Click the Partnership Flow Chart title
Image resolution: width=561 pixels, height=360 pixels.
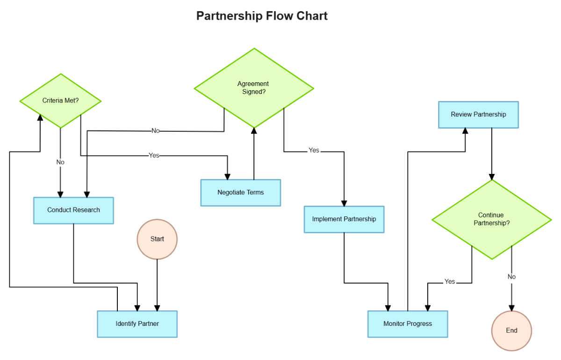tap(262, 16)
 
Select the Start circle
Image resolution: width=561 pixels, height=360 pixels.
tap(157, 239)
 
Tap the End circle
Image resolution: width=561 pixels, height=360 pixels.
tap(511, 331)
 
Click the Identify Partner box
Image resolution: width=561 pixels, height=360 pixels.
tap(137, 324)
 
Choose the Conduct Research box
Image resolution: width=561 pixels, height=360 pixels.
tap(73, 210)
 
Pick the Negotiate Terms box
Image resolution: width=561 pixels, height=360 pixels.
tap(240, 192)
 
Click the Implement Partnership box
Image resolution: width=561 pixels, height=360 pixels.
tap(344, 219)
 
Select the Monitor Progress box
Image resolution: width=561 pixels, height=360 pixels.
tap(407, 324)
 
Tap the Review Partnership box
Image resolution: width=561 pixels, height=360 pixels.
tap(478, 114)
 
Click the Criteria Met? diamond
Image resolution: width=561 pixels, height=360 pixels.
tap(60, 101)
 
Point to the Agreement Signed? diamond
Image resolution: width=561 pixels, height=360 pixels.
tap(254, 88)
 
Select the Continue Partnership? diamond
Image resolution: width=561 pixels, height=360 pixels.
tap(491, 219)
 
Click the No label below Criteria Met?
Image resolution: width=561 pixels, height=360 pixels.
tap(60, 162)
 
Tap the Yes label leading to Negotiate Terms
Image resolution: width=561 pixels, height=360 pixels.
tap(154, 155)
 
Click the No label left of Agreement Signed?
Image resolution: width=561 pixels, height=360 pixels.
tap(156, 131)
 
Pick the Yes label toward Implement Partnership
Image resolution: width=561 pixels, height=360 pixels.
tap(314, 150)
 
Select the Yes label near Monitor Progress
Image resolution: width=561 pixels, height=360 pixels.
tap(449, 281)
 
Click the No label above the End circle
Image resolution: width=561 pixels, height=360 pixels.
tap(511, 277)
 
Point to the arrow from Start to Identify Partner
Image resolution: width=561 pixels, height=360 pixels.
tap(157, 285)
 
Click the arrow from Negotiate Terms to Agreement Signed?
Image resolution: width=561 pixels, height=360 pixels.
tap(254, 154)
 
